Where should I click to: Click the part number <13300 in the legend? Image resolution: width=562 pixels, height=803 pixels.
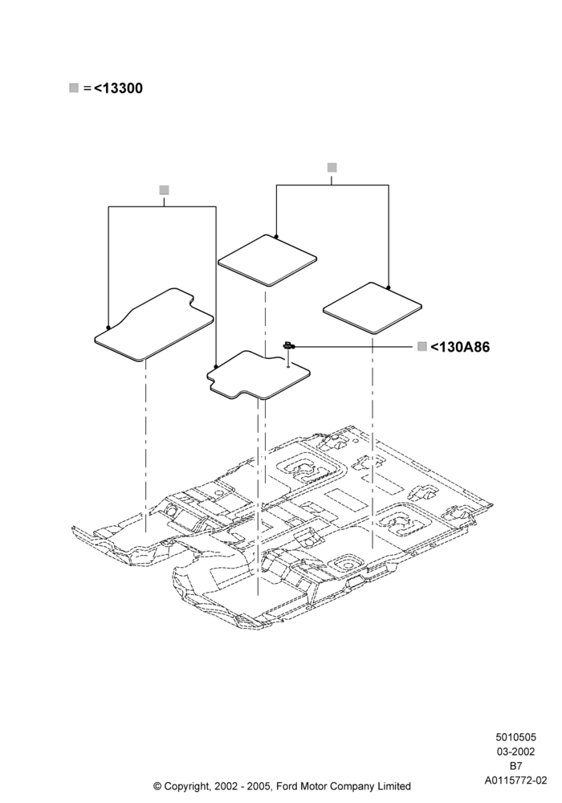(118, 88)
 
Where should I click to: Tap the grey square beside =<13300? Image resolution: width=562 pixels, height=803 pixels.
(74, 88)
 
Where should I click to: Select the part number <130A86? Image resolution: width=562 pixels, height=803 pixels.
(460, 347)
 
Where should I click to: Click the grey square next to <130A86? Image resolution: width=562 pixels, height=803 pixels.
(421, 347)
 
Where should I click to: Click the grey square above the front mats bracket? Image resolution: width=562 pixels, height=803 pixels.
(164, 190)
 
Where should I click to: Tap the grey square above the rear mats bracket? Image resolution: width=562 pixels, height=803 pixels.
(332, 168)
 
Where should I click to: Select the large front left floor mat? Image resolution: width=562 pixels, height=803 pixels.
(153, 326)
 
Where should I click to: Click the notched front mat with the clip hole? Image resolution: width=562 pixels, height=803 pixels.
(259, 375)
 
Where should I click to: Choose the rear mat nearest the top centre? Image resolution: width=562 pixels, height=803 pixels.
(267, 260)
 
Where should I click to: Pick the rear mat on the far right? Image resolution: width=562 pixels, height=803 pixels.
(372, 308)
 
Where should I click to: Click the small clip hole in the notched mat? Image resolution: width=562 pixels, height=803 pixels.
(288, 366)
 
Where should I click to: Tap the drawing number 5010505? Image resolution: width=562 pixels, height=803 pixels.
(515, 737)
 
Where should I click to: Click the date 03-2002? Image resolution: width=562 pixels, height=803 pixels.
(515, 752)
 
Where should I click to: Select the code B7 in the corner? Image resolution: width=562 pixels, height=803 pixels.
(515, 766)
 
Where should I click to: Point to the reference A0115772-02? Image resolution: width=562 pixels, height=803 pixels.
(515, 781)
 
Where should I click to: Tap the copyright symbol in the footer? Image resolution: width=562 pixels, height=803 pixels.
(157, 785)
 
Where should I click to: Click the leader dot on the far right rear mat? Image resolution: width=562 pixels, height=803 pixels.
(389, 287)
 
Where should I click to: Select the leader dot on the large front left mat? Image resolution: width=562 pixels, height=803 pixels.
(108, 328)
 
